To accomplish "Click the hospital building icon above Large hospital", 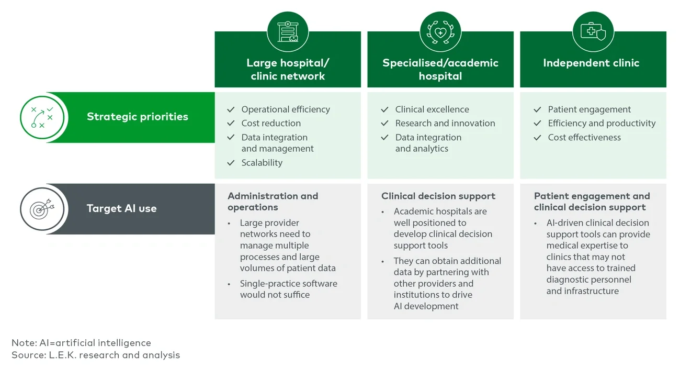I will [288, 32].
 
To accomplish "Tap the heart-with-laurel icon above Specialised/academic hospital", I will [440, 32].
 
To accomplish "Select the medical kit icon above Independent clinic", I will [593, 32].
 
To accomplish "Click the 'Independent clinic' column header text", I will [591, 63].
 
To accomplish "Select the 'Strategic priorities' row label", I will [137, 117].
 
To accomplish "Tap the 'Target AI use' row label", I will [121, 208].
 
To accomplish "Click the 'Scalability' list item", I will [262, 163].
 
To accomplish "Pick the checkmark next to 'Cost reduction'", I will [231, 124].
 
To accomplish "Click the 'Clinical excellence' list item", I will [432, 109].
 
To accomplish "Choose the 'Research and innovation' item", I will [445, 124].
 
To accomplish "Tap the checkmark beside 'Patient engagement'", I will [537, 109].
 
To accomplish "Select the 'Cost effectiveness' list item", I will [584, 138].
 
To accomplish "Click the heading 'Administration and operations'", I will [273, 202].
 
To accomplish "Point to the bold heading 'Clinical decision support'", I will [438, 196].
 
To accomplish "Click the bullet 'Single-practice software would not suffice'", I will [288, 289].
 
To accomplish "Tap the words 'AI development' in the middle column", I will [426, 306].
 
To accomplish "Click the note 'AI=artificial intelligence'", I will [81, 343].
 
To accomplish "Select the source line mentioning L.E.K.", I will [96, 355].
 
